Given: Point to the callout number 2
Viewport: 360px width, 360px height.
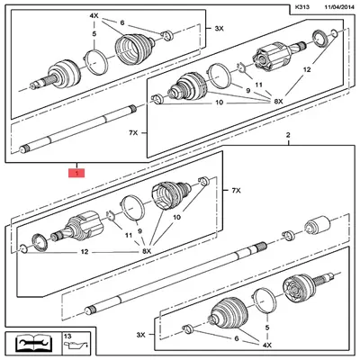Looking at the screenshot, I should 288,134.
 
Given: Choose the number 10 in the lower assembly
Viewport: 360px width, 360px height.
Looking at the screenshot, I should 176,216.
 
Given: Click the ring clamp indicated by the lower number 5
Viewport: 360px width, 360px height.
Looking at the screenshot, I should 262,299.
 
